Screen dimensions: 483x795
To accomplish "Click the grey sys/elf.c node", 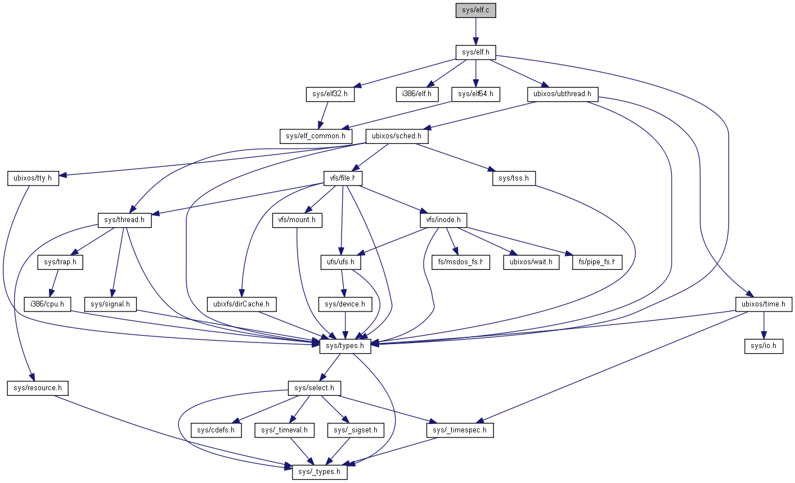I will [475, 10].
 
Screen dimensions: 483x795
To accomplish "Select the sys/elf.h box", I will [475, 52].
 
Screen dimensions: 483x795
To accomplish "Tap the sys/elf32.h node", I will [330, 94].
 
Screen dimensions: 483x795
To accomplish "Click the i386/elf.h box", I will [414, 94].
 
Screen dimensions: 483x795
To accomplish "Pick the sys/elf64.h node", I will [475, 94].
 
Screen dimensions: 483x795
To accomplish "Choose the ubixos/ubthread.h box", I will [562, 94].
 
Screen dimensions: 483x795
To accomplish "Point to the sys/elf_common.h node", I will [316, 136].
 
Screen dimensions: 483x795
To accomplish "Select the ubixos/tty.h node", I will [33, 178].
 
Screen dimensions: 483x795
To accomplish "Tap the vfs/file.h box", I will [343, 178].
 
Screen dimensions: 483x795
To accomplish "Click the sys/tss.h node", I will [514, 178].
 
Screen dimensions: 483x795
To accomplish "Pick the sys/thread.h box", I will [125, 220].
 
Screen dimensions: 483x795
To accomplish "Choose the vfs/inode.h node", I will [443, 220].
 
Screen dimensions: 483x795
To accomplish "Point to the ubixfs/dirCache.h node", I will [241, 304].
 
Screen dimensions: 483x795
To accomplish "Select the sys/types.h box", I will [345, 346].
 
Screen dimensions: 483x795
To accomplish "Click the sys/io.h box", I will [763, 346].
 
